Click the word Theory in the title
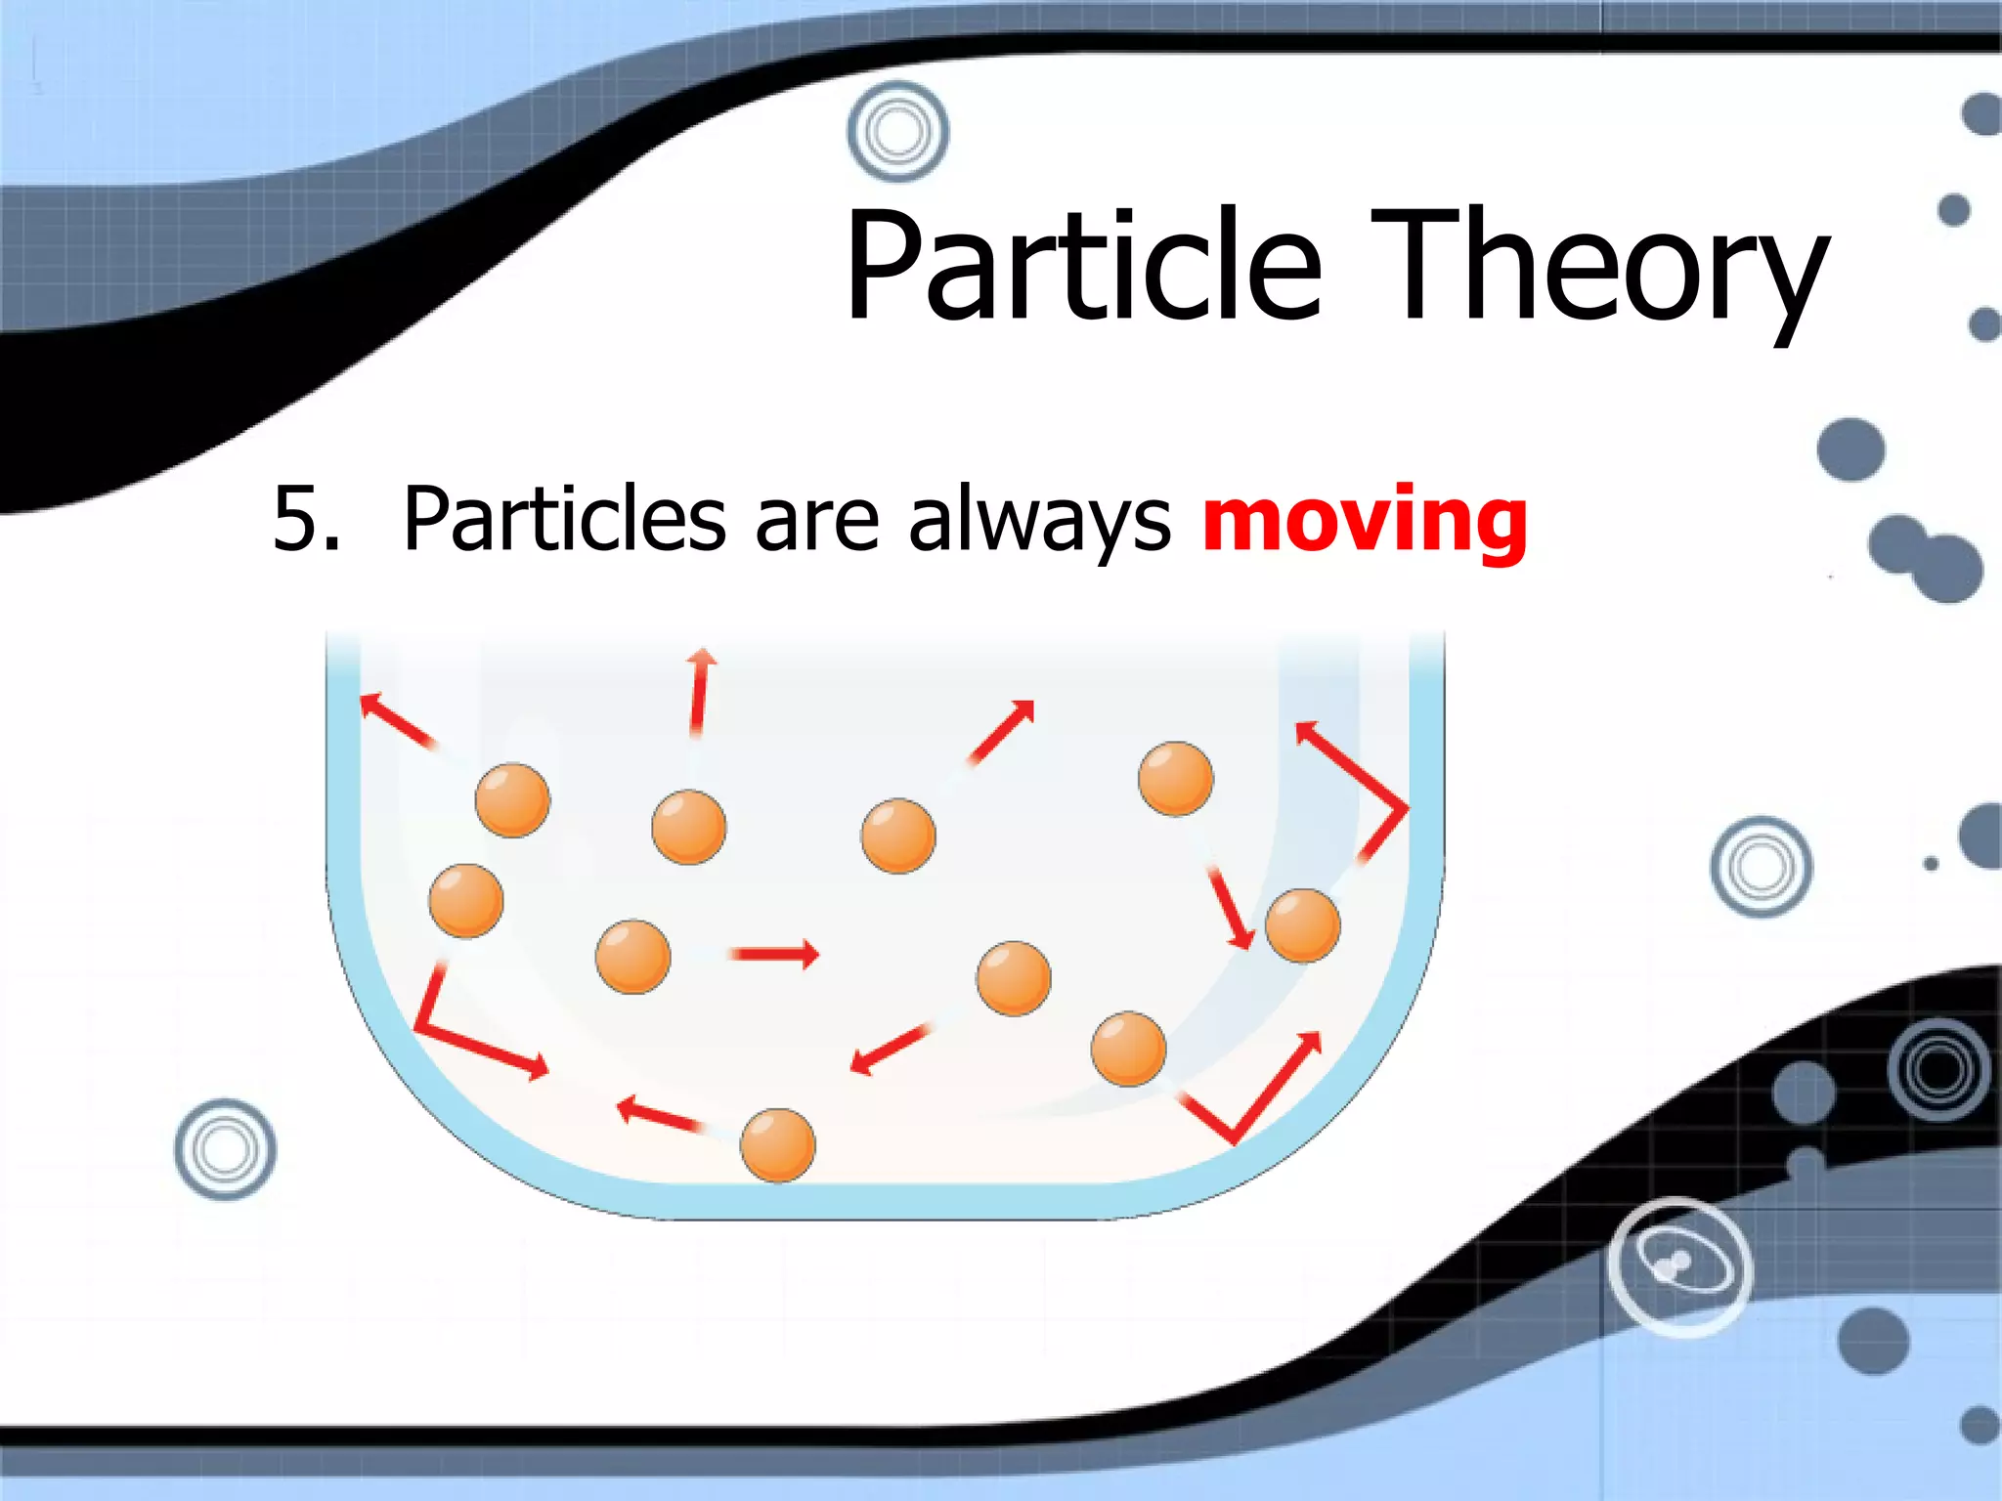pos(1599,266)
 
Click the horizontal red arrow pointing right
pos(774,954)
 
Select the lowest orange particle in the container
pos(777,1144)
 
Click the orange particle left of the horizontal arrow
pos(632,957)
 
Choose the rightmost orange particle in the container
pos(1302,925)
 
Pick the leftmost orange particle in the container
pos(466,900)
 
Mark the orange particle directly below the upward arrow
pos(688,827)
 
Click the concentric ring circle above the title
pos(897,131)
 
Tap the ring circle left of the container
pos(225,1149)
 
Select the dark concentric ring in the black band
pos(1938,1069)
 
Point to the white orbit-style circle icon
pos(1680,1266)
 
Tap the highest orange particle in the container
pos(1175,779)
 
